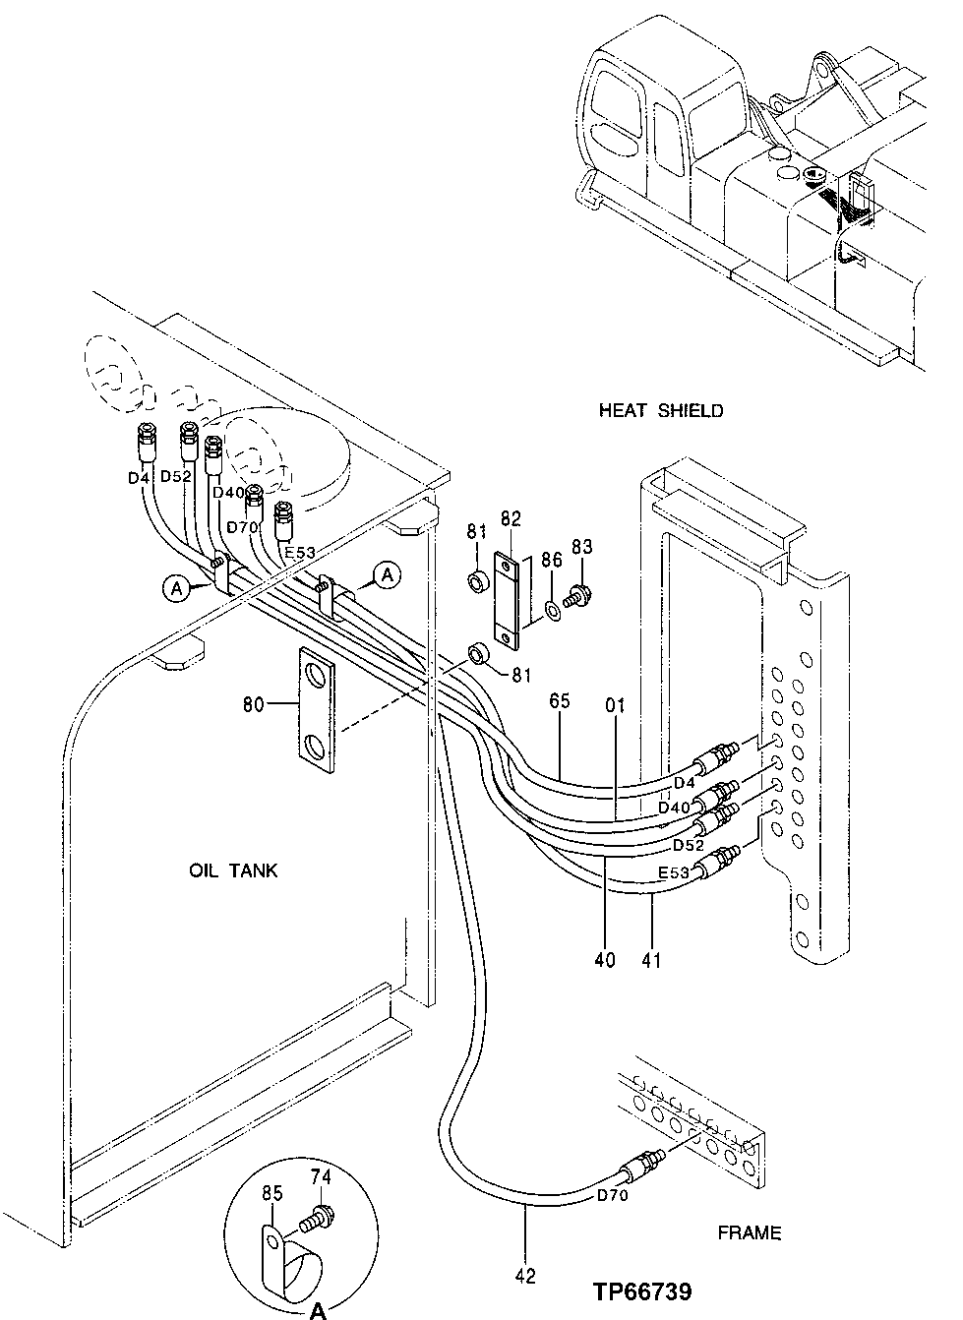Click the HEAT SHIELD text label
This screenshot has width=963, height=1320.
click(x=660, y=410)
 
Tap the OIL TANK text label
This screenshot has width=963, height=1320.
click(x=233, y=870)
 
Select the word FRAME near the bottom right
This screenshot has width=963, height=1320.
click(x=749, y=1231)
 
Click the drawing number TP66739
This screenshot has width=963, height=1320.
click(x=641, y=1291)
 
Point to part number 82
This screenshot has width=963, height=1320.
click(x=511, y=518)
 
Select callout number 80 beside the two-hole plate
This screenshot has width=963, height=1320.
click(x=253, y=703)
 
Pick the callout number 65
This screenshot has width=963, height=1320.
click(x=560, y=701)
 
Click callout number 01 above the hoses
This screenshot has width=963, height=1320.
click(x=616, y=705)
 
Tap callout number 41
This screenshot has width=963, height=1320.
click(x=651, y=958)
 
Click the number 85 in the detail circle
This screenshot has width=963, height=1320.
click(x=271, y=1193)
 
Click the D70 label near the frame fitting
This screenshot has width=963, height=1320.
click(x=612, y=1196)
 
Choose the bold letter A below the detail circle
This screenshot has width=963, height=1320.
click(x=318, y=1309)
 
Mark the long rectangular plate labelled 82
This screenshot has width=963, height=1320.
click(x=507, y=601)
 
